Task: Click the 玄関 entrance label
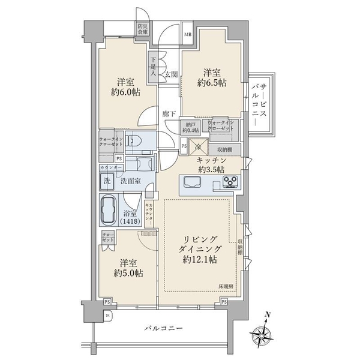pyautogui.click(x=171, y=74)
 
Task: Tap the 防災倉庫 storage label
pyautogui.click(x=142, y=30)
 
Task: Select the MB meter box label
pyautogui.click(x=188, y=34)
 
